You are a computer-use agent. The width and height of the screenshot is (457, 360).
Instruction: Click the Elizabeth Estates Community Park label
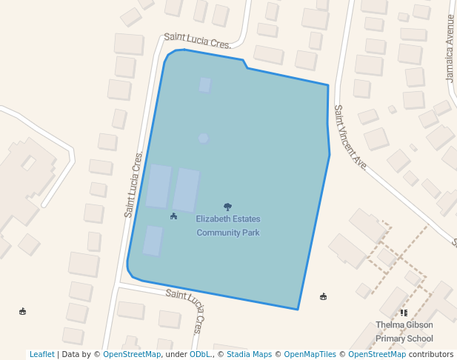(228, 226)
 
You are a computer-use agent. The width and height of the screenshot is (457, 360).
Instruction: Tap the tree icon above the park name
(227, 207)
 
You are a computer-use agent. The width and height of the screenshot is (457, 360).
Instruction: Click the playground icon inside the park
(173, 216)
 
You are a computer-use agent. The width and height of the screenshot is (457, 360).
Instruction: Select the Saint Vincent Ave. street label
(350, 137)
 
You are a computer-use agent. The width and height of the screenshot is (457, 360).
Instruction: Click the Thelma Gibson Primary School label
(404, 332)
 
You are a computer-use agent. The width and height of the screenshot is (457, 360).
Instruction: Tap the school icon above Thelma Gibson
(404, 313)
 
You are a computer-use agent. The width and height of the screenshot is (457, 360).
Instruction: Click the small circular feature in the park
(203, 138)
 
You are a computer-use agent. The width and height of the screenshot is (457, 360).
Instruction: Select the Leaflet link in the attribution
(42, 354)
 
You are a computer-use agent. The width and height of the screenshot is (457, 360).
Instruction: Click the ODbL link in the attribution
(201, 354)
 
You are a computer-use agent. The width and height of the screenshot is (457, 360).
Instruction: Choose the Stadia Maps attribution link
(249, 354)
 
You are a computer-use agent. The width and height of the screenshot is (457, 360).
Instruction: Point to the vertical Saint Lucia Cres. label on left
(134, 184)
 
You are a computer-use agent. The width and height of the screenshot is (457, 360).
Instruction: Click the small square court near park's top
(205, 85)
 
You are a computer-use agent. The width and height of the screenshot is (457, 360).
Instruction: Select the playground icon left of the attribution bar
(22, 311)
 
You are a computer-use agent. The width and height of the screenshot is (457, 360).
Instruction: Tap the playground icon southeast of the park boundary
(323, 297)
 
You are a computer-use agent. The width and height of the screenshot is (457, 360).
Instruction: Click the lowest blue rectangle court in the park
(153, 241)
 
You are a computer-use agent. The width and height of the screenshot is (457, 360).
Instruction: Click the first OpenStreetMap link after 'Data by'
(132, 354)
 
